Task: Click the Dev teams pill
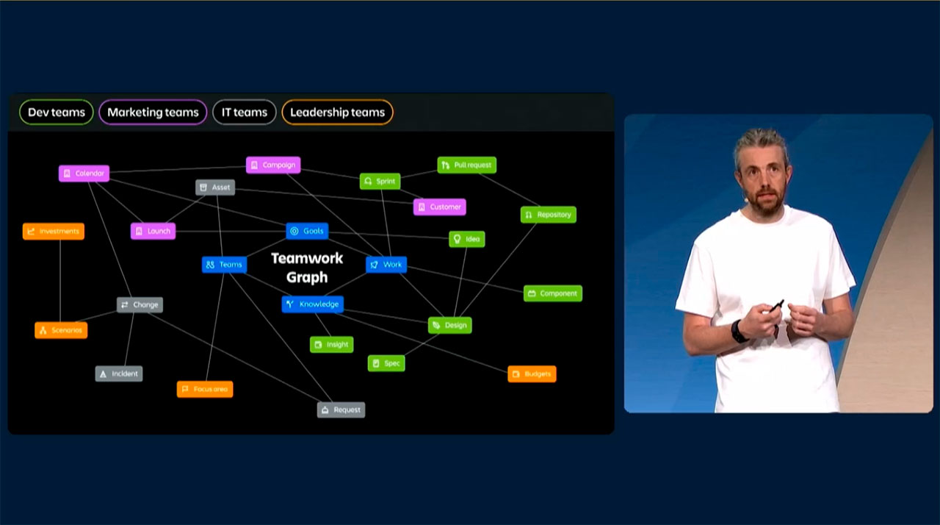[57, 113]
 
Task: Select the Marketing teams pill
[153, 113]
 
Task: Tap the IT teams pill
[245, 113]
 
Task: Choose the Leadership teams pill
[337, 113]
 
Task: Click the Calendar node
[84, 174]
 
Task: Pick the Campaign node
[273, 165]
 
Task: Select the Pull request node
[466, 165]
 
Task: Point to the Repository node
[548, 215]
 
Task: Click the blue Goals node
[307, 231]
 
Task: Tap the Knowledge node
[312, 304]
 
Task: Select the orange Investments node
[54, 232]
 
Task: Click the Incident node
[118, 374]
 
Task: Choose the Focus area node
[205, 389]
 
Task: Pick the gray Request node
[341, 410]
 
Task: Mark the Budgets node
[532, 374]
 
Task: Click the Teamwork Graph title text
[307, 268]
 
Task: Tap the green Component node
[553, 293]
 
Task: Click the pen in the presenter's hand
[775, 307]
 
